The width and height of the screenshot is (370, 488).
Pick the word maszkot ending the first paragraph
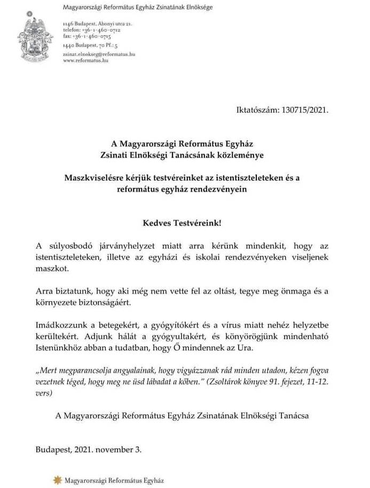[x=52, y=269]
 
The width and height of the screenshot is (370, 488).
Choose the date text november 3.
[x=119, y=449]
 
